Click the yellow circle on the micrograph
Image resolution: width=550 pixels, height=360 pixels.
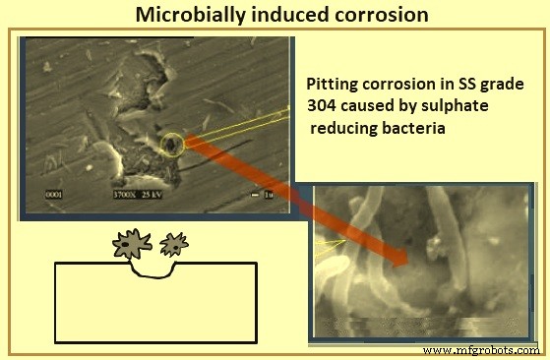coord(173,146)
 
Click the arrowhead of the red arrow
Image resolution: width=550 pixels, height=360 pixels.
coord(398,261)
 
